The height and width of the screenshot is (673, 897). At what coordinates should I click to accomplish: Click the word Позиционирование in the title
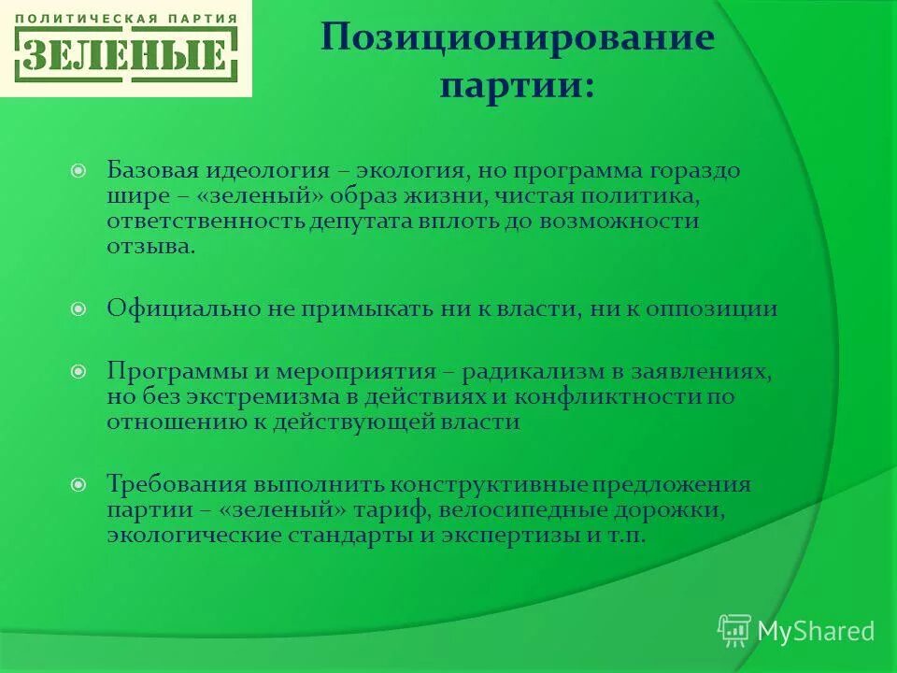(518, 39)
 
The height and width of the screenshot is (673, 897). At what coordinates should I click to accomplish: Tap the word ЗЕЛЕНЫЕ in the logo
(126, 56)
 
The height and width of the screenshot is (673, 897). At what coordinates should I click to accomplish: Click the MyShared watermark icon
(734, 630)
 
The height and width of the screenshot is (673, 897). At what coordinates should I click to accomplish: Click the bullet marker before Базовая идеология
(79, 172)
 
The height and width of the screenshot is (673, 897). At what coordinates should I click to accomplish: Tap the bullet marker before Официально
(79, 308)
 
